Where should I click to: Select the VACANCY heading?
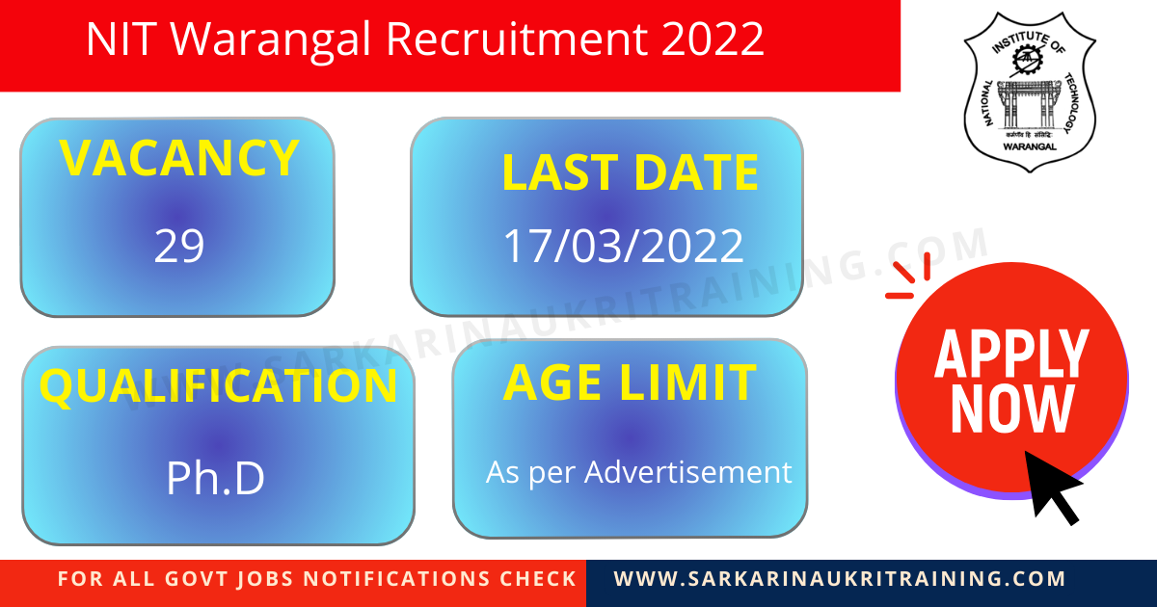(178, 159)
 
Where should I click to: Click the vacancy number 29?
(179, 247)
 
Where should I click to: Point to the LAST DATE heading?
(630, 173)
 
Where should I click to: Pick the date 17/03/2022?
(624, 246)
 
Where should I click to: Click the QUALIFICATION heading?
(218, 385)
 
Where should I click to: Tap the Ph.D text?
(215, 478)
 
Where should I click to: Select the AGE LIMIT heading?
(629, 383)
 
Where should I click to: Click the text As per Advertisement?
(638, 472)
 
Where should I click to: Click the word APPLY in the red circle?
(1011, 354)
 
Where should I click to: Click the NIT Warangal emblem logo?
(1030, 92)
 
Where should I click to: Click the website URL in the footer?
(840, 579)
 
